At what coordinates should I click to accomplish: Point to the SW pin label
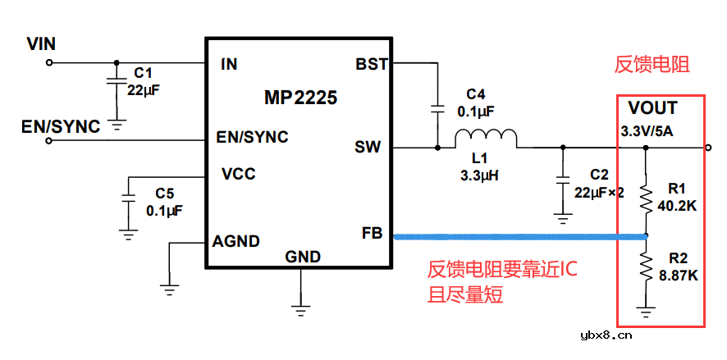[368, 148]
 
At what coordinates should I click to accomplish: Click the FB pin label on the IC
[372, 233]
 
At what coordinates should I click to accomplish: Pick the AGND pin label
[236, 241]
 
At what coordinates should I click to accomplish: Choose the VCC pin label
[239, 174]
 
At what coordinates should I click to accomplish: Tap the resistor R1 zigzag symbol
[646, 197]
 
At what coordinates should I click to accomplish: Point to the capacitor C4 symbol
[437, 108]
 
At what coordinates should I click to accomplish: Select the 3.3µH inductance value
[481, 175]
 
